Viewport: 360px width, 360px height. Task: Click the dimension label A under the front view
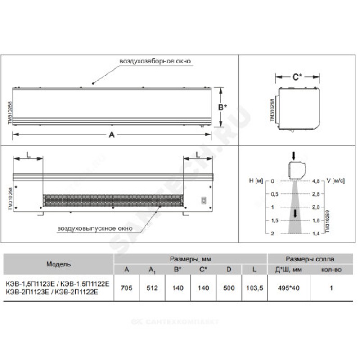pos(112,135)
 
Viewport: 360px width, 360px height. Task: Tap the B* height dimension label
pos(222,107)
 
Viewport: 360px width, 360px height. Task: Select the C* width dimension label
pos(297,77)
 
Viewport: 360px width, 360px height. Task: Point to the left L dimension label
pos(28,155)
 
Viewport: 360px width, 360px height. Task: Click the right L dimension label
pos(198,155)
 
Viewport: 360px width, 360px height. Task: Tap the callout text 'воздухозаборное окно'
pos(155,61)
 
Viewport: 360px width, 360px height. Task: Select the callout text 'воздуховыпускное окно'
pos(95,229)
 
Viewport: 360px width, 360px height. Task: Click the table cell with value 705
pos(126,288)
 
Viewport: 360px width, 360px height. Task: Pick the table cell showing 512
pos(152,288)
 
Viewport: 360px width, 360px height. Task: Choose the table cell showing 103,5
pos(254,288)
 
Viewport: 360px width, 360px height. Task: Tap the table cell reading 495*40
pos(288,288)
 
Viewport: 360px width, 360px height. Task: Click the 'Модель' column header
pos(58,264)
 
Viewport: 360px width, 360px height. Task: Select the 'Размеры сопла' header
pos(310,259)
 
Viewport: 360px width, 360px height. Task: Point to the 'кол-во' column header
pos(331,270)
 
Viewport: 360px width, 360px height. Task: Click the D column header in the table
pos(229,270)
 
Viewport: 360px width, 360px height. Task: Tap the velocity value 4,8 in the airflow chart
pos(316,181)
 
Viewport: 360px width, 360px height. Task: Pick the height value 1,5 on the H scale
pos(274,220)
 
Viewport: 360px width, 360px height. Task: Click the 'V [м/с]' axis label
pos(335,181)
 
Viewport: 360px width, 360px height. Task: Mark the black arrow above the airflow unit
pos(294,156)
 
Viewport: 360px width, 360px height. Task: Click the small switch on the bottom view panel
pos(203,200)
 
